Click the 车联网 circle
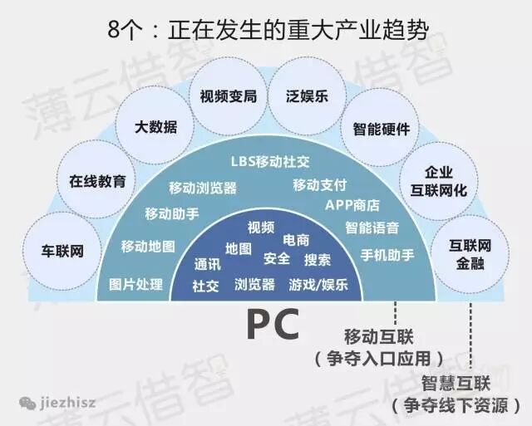tap(63, 251)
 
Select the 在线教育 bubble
tap(98, 182)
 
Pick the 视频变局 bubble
tap(229, 96)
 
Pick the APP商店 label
tap(352, 205)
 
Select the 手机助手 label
tap(387, 255)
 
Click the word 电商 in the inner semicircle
tap(297, 240)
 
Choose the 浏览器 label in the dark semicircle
tap(255, 284)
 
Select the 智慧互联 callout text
tap(456, 384)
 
